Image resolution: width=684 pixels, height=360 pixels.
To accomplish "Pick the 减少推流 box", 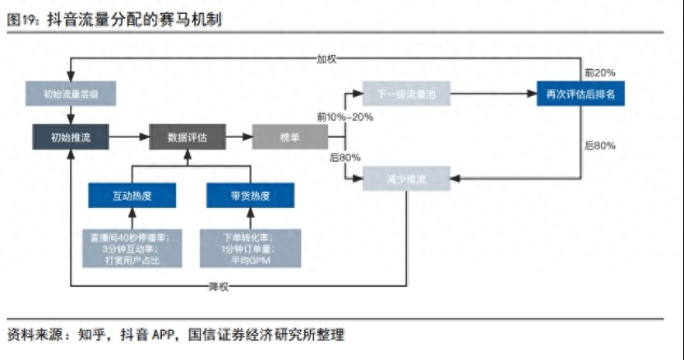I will pyautogui.click(x=406, y=178).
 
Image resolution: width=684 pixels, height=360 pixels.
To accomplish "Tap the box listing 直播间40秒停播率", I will pyautogui.click(x=132, y=248).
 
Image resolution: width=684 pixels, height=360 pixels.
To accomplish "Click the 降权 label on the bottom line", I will pyautogui.click(x=219, y=286).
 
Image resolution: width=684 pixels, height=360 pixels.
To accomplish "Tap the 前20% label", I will pyautogui.click(x=599, y=73).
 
